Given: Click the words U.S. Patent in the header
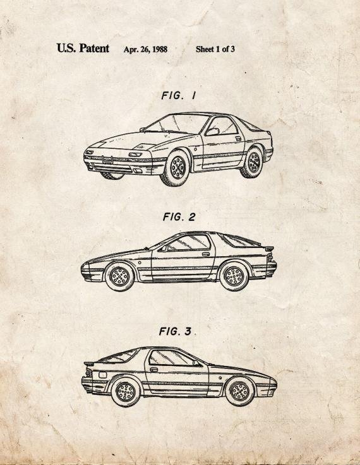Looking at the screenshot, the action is [83, 49].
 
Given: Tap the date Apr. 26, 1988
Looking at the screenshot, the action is [145, 49].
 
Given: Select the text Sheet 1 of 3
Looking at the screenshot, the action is [215, 49].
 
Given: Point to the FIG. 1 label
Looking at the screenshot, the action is [179, 95].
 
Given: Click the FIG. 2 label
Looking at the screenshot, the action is [179, 217].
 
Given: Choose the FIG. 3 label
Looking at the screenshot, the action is [176, 331].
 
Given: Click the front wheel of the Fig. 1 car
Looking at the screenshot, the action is [176, 167].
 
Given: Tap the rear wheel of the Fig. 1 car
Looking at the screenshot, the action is [253, 163].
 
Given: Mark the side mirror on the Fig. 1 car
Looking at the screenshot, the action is [212, 131].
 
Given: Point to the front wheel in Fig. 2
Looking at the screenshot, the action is [119, 277].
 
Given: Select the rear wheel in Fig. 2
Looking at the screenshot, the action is [234, 276].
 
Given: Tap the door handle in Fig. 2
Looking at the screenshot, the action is [206, 254].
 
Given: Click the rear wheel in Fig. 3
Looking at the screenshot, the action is [126, 392].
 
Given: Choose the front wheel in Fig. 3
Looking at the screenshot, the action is [240, 391].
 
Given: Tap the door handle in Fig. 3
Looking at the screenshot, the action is [153, 370].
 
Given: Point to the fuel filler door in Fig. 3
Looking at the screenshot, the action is [102, 375].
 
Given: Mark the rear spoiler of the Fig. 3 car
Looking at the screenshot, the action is [90, 363].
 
